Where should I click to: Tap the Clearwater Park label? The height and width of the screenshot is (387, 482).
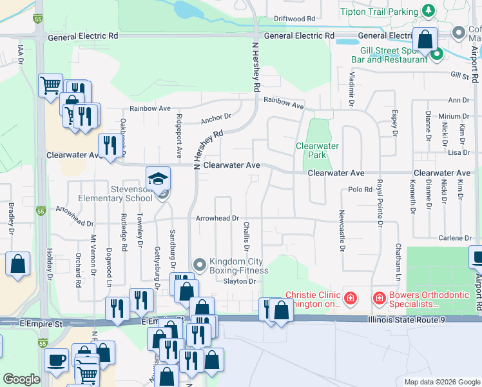(317, 150)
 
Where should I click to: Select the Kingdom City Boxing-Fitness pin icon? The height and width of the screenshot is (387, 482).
(200, 264)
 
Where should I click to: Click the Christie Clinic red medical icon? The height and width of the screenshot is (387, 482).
(349, 299)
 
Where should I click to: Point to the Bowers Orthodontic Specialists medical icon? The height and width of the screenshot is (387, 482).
(380, 299)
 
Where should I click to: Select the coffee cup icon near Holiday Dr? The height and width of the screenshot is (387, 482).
(56, 358)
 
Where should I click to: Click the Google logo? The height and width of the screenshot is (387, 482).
(21, 379)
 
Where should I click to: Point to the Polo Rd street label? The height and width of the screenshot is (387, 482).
(360, 190)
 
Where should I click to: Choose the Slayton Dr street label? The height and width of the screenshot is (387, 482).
(240, 281)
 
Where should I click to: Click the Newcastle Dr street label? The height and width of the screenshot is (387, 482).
(342, 226)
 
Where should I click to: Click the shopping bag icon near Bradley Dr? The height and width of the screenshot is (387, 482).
(17, 263)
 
